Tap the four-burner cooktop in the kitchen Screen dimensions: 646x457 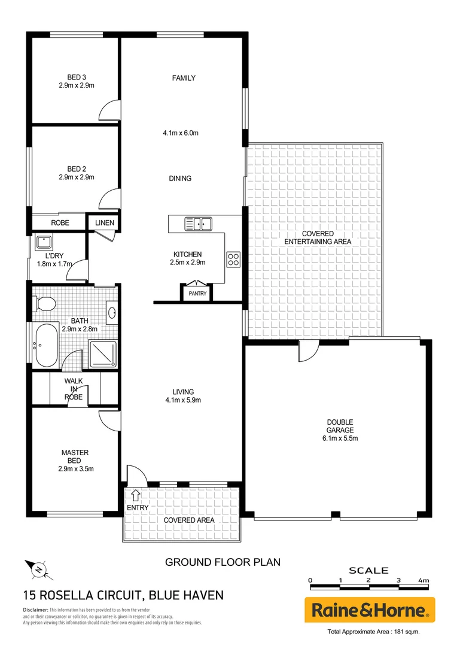pyautogui.click(x=233, y=260)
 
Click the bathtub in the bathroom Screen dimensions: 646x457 pyautogui.click(x=45, y=346)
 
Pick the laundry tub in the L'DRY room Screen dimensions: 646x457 pyautogui.click(x=43, y=242)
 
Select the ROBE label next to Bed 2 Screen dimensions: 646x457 pyautogui.click(x=60, y=223)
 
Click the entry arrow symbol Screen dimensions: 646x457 pyautogui.click(x=135, y=495)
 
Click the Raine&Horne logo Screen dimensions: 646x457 pyautogui.click(x=370, y=611)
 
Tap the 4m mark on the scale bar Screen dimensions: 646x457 pyautogui.click(x=424, y=580)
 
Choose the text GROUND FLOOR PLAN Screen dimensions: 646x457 pyautogui.click(x=223, y=562)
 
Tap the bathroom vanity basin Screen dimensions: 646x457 pyautogui.click(x=112, y=312)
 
